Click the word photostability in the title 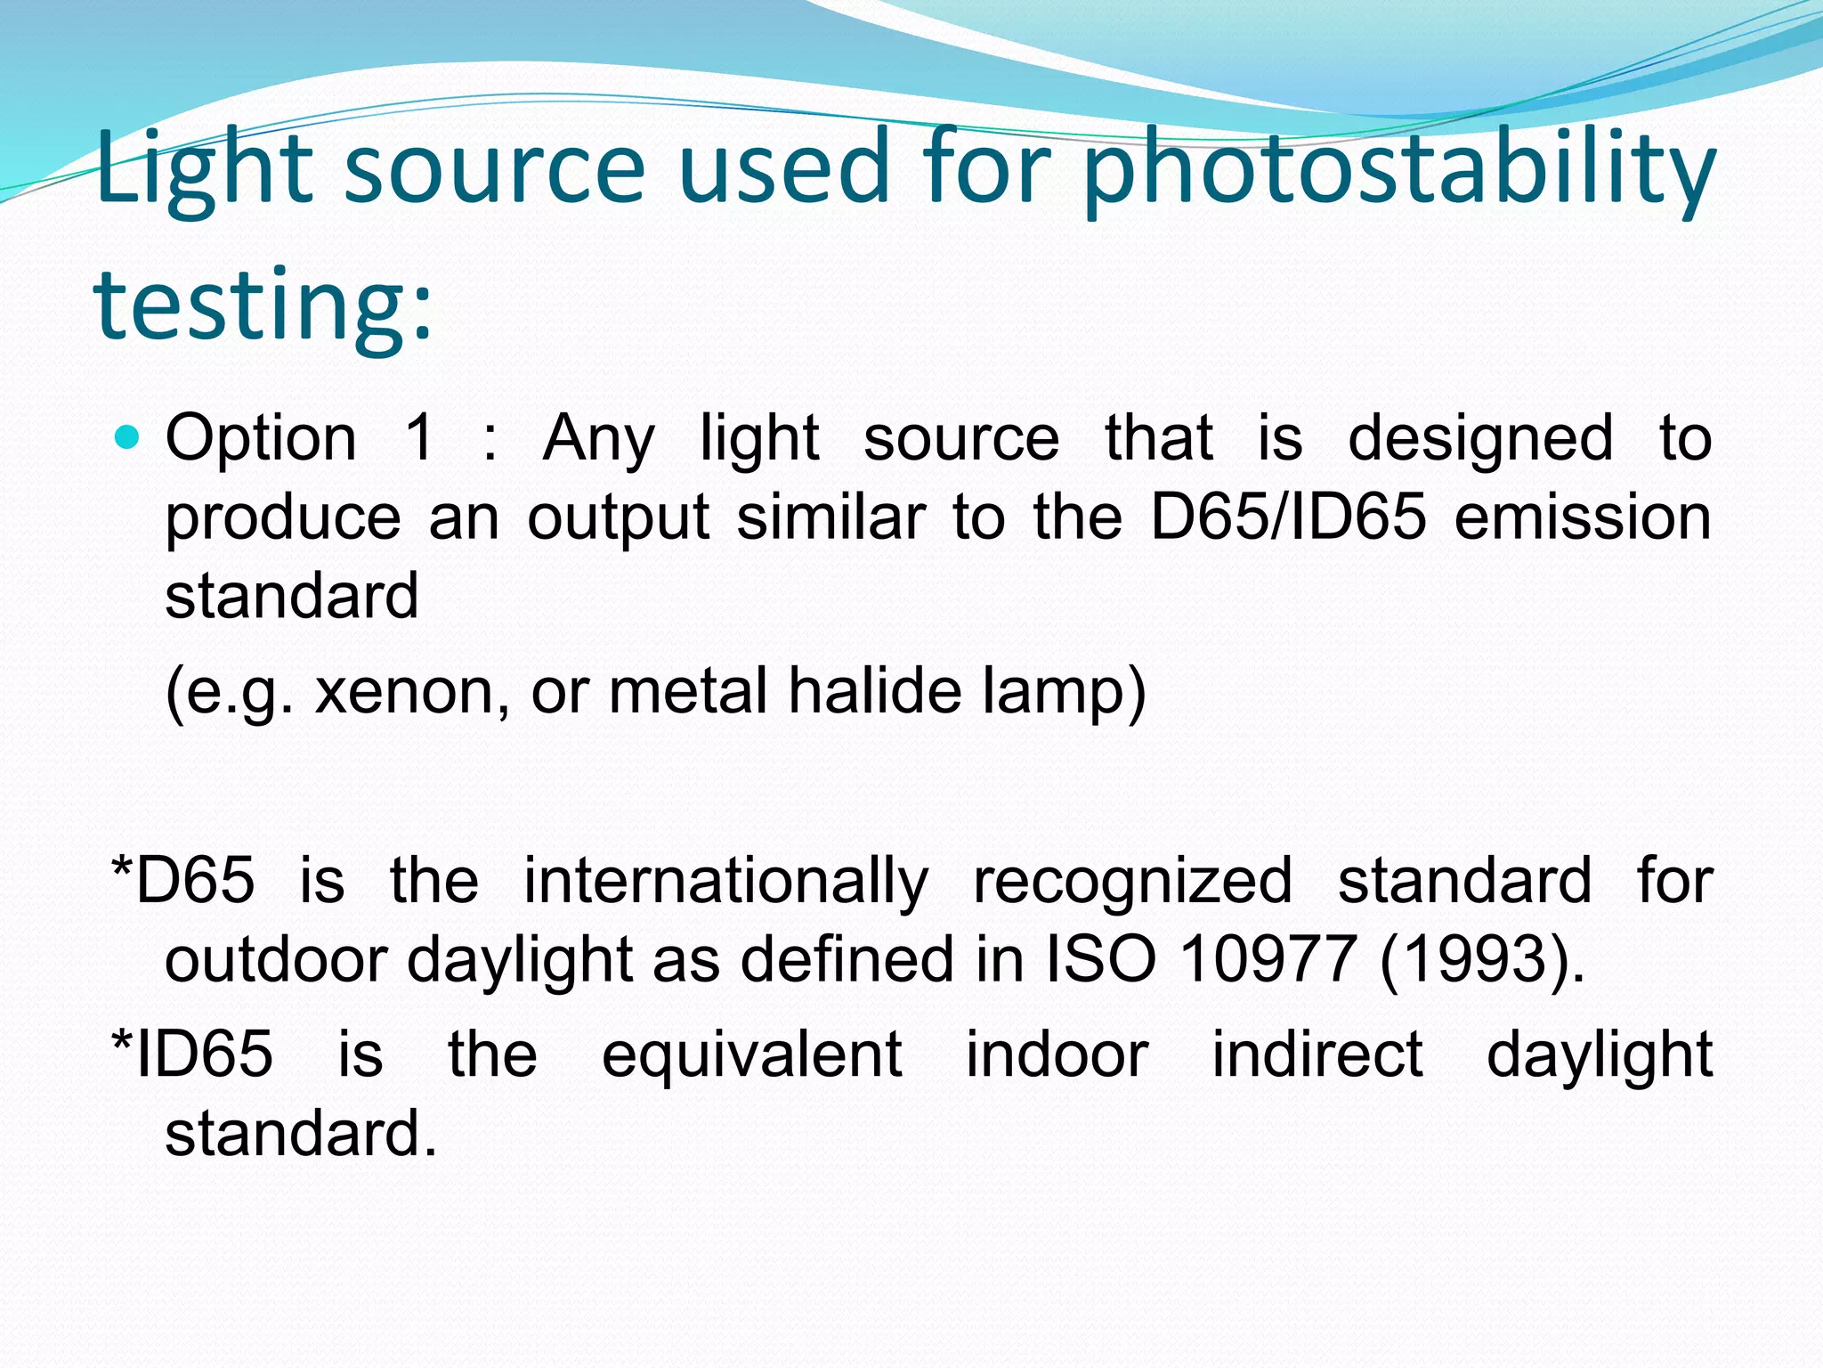point(1398,169)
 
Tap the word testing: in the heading point(263,305)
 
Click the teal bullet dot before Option point(129,437)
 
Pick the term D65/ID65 point(1288,517)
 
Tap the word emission point(1583,517)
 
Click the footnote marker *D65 point(183,881)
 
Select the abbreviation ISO point(1101,960)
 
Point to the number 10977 point(1268,960)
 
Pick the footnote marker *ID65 point(191,1054)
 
